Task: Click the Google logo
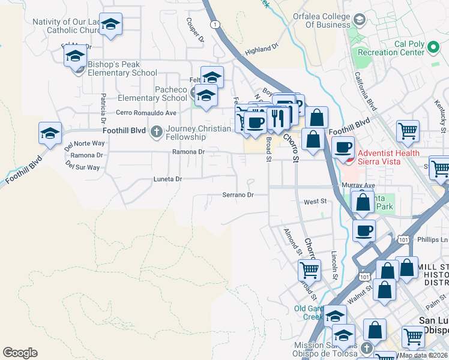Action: pos(20,353)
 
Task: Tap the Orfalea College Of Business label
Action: pos(320,20)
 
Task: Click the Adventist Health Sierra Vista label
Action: pos(388,157)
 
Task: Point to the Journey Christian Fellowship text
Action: pos(198,133)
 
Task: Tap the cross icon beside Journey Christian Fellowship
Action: pos(157,130)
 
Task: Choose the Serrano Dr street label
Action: pos(238,195)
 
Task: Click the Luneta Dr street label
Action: pos(167,179)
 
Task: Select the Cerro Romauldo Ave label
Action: pos(146,112)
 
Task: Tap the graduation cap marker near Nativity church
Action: pos(110,24)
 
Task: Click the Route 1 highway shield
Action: pos(214,24)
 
